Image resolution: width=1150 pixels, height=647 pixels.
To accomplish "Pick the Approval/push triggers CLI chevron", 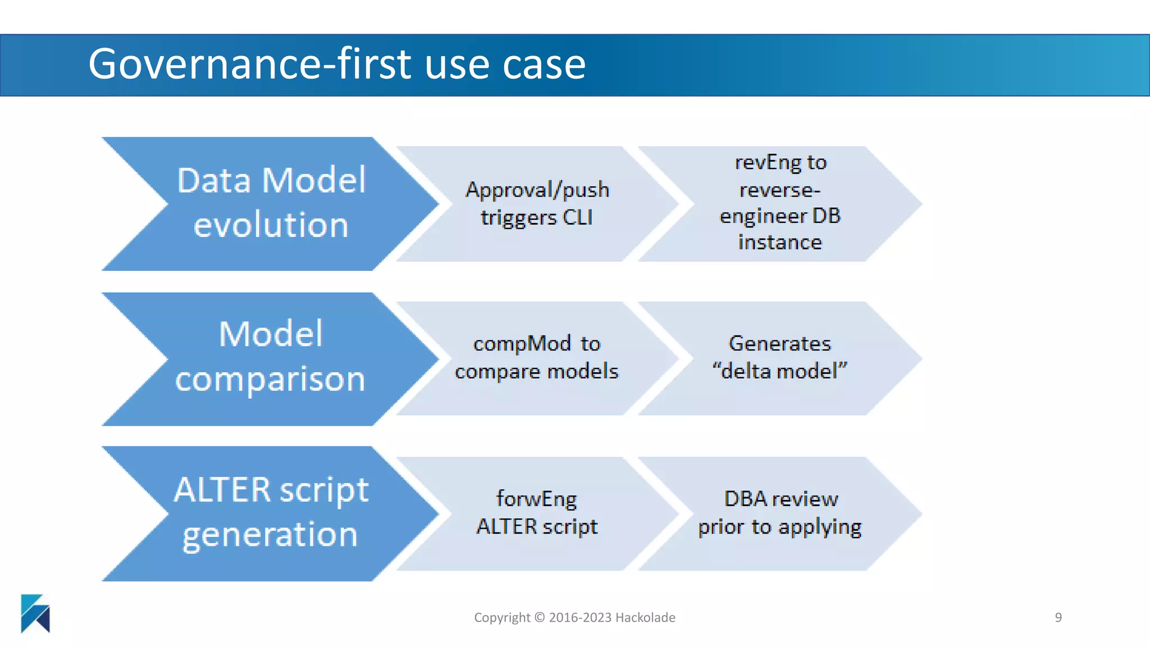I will point(536,203).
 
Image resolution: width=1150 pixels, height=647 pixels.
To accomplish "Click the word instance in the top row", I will point(779,243).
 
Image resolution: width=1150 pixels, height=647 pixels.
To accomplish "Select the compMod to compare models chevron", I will point(536,358).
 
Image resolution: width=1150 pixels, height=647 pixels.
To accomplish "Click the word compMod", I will point(522,344).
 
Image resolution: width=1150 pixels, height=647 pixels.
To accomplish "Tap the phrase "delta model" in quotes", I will point(779,371).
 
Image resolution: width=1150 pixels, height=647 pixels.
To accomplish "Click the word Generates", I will point(779,343).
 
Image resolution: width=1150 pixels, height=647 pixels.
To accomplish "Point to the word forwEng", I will point(536,499).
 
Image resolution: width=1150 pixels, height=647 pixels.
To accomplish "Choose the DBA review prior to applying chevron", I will point(779,513).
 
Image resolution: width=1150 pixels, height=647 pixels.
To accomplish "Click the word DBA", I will point(745,499).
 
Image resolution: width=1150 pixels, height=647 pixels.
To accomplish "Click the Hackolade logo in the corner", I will point(35,613).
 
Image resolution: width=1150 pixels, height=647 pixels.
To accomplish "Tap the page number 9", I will point(1058,617).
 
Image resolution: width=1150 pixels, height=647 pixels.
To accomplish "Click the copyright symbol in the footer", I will point(539,617).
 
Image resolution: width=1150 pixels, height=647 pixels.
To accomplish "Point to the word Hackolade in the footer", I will point(645,617).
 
